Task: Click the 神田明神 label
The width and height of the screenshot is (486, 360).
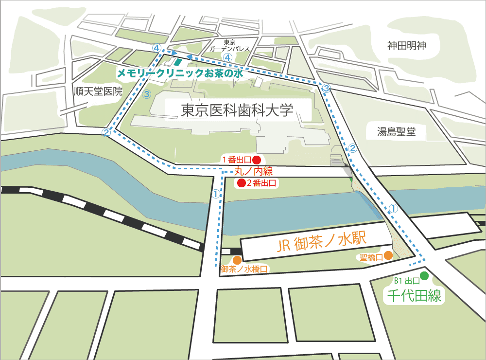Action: (407, 46)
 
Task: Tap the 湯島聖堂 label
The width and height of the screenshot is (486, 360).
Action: (397, 131)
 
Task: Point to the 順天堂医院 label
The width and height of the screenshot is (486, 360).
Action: (98, 91)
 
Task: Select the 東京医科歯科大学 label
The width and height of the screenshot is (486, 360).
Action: (237, 110)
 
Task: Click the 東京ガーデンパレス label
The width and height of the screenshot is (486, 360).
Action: (230, 46)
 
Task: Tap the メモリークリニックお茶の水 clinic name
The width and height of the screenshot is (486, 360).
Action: (179, 73)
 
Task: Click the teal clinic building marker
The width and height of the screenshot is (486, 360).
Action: (178, 62)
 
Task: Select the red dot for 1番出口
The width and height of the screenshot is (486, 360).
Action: (257, 159)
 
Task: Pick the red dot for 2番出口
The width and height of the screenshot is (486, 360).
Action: (240, 183)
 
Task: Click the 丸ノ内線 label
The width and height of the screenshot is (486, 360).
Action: (254, 171)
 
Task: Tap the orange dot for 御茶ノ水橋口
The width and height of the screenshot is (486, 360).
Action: (237, 260)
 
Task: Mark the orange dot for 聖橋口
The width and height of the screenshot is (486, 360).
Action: (388, 255)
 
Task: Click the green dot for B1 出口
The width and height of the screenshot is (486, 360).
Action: (424, 276)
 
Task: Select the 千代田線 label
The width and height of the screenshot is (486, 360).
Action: (415, 296)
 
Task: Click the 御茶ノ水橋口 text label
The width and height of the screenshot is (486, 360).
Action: (244, 269)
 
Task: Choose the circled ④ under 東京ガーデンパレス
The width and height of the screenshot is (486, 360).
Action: (227, 57)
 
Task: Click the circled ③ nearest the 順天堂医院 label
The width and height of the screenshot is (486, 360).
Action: (147, 94)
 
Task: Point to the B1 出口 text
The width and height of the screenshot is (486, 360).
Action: (406, 280)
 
